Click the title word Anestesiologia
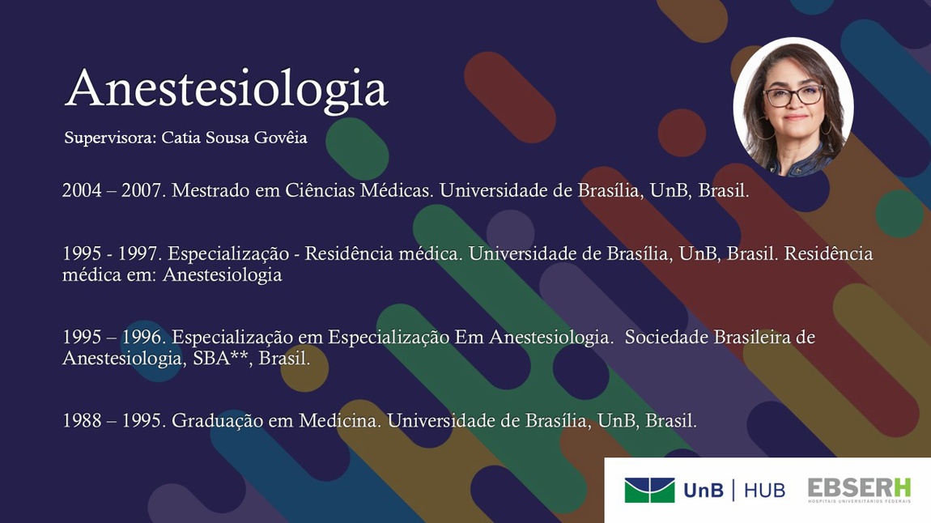click(226, 90)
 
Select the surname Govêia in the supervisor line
click(281, 137)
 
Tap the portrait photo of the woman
click(793, 108)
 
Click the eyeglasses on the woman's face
click(794, 96)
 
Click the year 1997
click(139, 253)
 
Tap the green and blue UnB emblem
click(649, 491)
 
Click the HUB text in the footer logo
click(765, 491)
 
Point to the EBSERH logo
click(859, 491)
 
